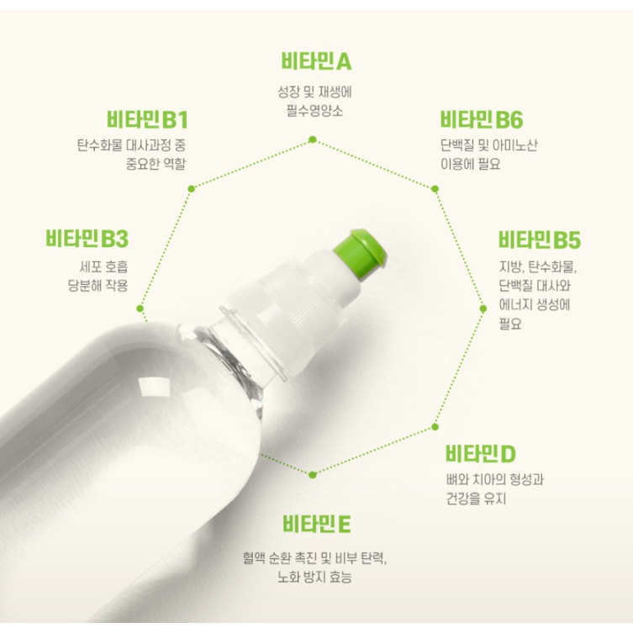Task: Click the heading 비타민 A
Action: coord(316,61)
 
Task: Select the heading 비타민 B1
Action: coord(147,119)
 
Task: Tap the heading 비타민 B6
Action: coord(481,119)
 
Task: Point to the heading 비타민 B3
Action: coord(87,239)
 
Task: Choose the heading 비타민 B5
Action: coord(540,240)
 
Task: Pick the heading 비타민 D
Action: coord(481,454)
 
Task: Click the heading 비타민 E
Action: coord(316,524)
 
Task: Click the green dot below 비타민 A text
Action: coord(313,140)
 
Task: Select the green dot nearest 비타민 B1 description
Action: coord(192,188)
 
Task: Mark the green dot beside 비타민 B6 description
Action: coord(435,188)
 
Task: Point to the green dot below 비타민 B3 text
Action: coord(140,309)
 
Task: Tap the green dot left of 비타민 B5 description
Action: coord(483,309)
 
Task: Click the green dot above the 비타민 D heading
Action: coord(435,427)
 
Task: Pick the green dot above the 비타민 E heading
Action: coord(312,475)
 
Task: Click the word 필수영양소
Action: coord(314,111)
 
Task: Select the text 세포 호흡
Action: coord(103,266)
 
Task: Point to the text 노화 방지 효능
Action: coord(314,577)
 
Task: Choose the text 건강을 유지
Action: coord(476,498)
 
